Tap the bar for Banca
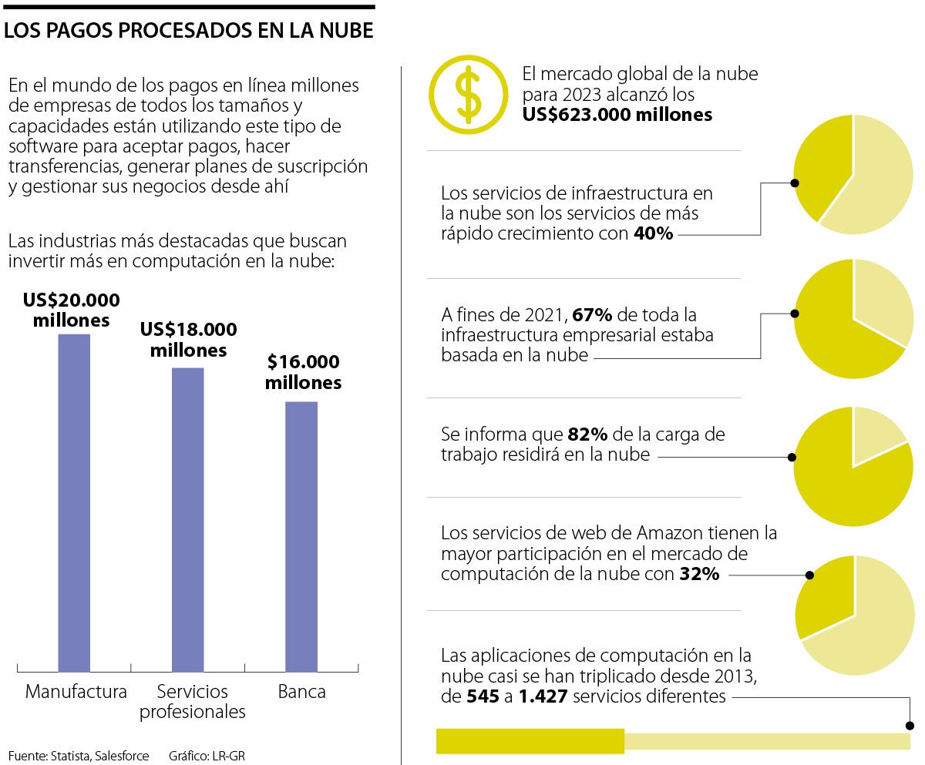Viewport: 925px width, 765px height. pyautogui.click(x=301, y=536)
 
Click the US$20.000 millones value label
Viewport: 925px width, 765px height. pyautogui.click(x=72, y=310)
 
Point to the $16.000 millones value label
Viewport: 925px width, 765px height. pyautogui.click(x=303, y=372)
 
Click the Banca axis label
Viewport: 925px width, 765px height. pyautogui.click(x=301, y=692)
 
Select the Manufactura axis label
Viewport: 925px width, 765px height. pyautogui.click(x=76, y=691)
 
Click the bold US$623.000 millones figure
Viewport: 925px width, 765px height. pyautogui.click(x=616, y=115)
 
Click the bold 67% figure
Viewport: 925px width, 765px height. pyautogui.click(x=592, y=315)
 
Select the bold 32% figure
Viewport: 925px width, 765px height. pyautogui.click(x=699, y=575)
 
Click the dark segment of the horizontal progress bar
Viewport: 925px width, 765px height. pyautogui.click(x=530, y=741)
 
